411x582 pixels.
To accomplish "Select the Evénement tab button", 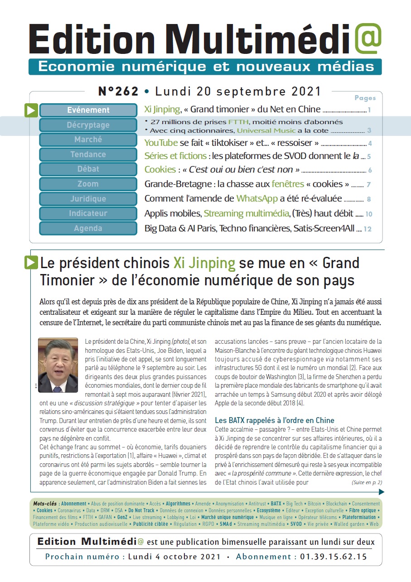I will [88, 110].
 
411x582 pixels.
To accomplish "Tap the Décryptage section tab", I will [88, 125].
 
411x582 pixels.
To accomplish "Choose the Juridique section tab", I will [88, 199].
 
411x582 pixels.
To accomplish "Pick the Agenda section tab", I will [88, 228].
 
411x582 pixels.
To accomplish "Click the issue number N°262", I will [118, 91].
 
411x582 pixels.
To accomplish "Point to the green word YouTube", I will [161, 143].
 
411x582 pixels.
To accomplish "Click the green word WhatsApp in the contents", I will [257, 199].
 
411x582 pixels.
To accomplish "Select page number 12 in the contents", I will [367, 229].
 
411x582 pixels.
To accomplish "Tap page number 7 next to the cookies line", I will [369, 185].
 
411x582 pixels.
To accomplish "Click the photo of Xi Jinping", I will [58, 365].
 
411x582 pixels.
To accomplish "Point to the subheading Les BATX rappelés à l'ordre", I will [275, 420].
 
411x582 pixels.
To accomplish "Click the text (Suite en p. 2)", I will [367, 482].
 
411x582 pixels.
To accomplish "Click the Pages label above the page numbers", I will [365, 98].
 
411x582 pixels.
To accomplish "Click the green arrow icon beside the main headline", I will [31, 262].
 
